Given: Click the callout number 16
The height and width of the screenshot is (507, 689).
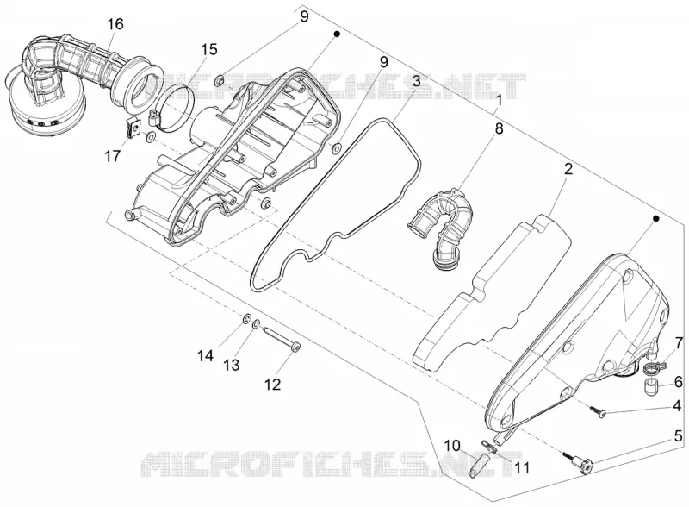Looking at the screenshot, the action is [x=115, y=24].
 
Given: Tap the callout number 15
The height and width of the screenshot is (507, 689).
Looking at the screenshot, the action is [x=209, y=49].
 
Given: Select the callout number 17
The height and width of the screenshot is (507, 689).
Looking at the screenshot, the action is [x=113, y=155].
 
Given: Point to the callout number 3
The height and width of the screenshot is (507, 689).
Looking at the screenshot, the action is [x=416, y=81].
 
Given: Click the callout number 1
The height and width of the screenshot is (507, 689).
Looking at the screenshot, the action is [x=499, y=101].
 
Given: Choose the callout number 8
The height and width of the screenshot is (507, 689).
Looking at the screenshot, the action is [x=499, y=128].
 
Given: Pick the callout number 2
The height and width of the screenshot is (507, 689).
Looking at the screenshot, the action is [x=568, y=169].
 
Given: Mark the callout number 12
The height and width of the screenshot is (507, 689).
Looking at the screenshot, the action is [x=272, y=385].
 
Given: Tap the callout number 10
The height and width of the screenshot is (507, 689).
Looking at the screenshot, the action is [x=450, y=445].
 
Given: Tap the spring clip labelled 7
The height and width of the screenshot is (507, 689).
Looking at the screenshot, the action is [x=655, y=366].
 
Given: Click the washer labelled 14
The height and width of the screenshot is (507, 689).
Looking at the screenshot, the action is [x=247, y=317].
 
